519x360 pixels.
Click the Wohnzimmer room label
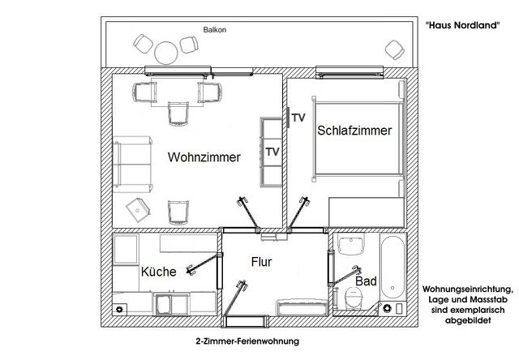coord(204,158)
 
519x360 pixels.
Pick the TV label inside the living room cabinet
coord(272,152)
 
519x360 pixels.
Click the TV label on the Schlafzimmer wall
coord(298,118)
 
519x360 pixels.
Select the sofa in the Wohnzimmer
coord(131,161)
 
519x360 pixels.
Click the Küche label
coord(159,272)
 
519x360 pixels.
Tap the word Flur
coord(260,263)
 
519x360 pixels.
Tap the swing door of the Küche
coord(204,263)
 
